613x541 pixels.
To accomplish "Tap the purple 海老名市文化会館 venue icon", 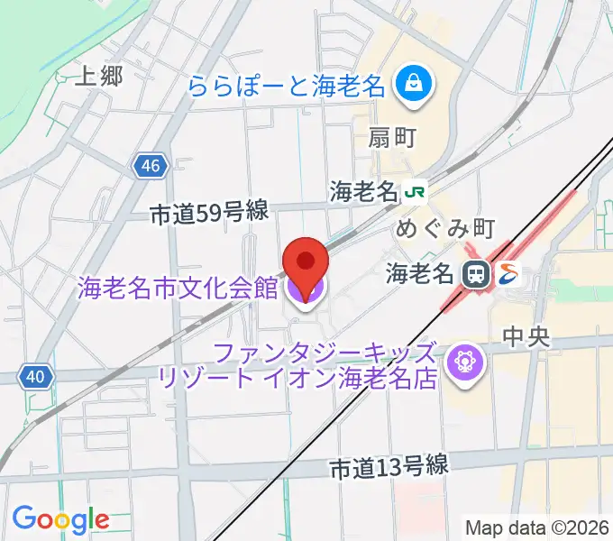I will tap(305, 290).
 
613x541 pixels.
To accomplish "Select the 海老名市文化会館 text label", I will tap(178, 289).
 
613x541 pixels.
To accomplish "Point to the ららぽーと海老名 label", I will tap(288, 88).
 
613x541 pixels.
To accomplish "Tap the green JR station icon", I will tap(416, 192).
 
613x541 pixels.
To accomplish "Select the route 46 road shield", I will tap(151, 165).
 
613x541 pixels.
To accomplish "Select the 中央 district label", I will tap(526, 337).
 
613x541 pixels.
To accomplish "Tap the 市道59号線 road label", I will tap(209, 213).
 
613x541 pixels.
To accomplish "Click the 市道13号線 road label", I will tap(389, 468).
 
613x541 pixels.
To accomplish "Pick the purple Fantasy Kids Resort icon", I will tap(469, 363).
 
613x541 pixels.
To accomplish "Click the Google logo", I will tap(60, 519).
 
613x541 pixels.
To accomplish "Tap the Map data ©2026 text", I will tap(537, 527).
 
